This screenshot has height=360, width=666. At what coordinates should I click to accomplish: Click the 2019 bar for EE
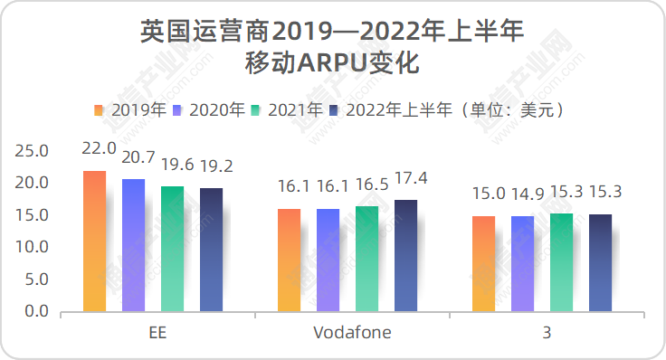coord(95,242)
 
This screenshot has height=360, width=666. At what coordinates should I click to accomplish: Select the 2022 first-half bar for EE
coord(211,250)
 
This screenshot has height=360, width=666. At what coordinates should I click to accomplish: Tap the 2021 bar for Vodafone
coord(366,259)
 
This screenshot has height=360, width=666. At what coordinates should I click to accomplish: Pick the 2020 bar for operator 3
coord(522,263)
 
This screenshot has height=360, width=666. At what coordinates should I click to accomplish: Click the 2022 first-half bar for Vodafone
coord(405,256)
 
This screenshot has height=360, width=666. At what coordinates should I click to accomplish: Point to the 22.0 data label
coord(99,148)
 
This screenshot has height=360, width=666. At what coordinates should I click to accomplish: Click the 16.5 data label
coord(372,185)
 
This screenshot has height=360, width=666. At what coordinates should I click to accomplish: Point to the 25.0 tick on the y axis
coord(35,150)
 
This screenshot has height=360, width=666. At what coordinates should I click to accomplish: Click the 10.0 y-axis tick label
coord(35,247)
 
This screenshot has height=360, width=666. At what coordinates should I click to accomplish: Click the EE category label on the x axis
coord(157,333)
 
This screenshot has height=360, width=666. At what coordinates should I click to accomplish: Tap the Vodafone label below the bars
coord(352,333)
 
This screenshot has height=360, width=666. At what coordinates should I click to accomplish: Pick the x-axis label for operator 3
coord(547,333)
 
